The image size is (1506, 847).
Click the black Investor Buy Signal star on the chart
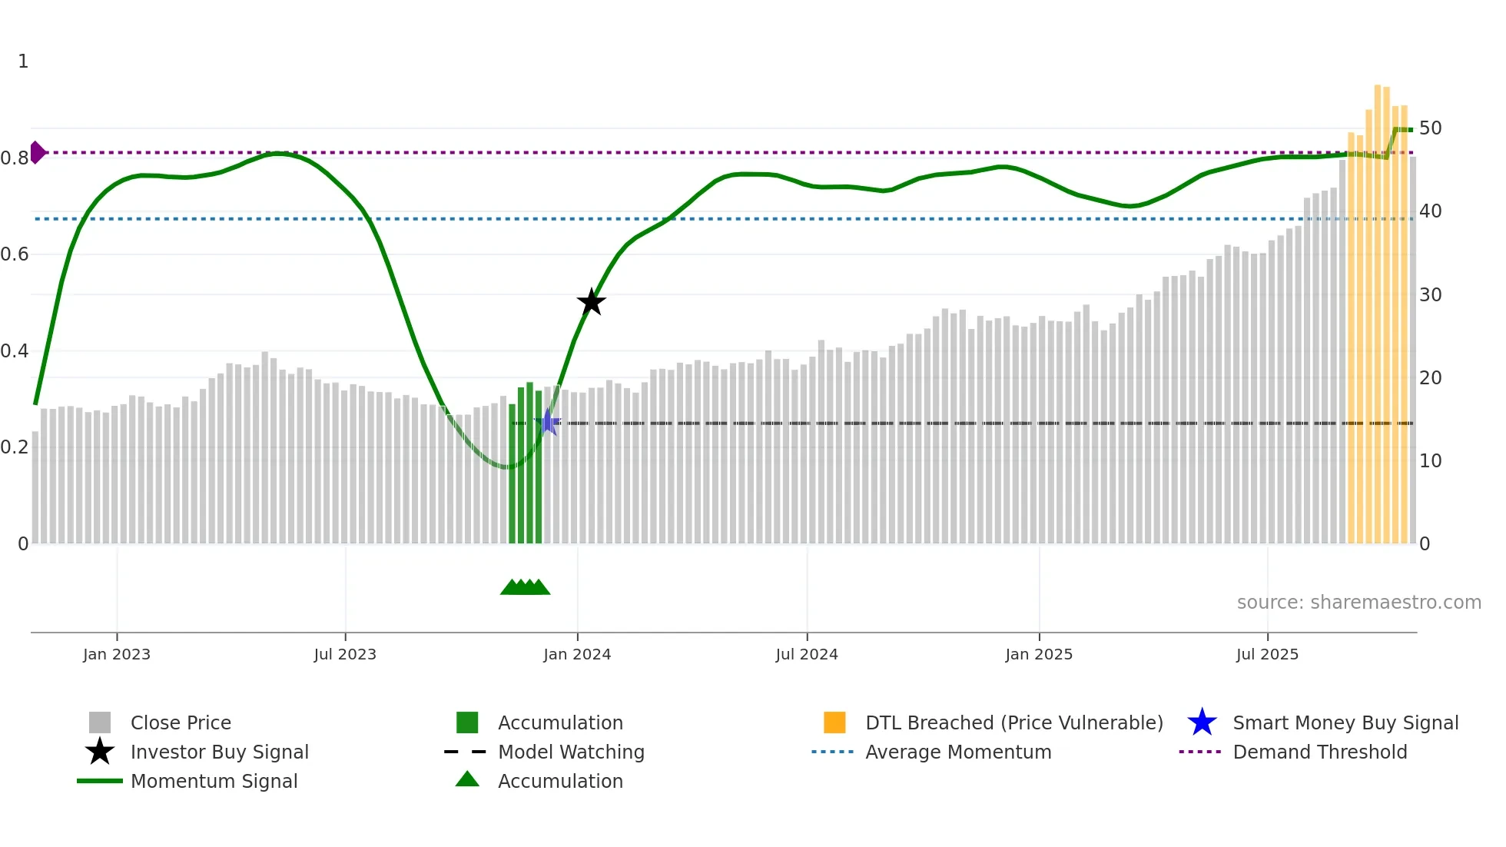point(591,302)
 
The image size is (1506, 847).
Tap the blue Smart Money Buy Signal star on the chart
point(549,422)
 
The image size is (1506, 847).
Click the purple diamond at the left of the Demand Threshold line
point(37,152)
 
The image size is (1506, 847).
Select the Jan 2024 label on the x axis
point(577,654)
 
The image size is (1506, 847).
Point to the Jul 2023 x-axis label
point(345,654)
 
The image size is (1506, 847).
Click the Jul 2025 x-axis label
point(1267,654)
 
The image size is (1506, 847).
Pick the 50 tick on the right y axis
point(1430,128)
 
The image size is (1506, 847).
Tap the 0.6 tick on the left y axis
point(15,254)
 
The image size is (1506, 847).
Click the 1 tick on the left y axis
point(23,61)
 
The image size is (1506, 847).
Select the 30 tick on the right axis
point(1430,294)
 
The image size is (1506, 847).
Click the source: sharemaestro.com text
point(1358,602)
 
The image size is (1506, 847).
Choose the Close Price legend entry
point(181,722)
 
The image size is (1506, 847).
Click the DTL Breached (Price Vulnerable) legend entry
point(1013,722)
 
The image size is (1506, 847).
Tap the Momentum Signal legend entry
point(214,781)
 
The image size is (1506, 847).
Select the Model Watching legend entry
point(571,752)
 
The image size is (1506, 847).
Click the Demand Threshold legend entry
point(1319,752)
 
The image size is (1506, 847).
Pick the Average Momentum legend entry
point(958,752)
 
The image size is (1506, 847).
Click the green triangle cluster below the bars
point(526,587)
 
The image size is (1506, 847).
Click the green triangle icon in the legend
point(467,779)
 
